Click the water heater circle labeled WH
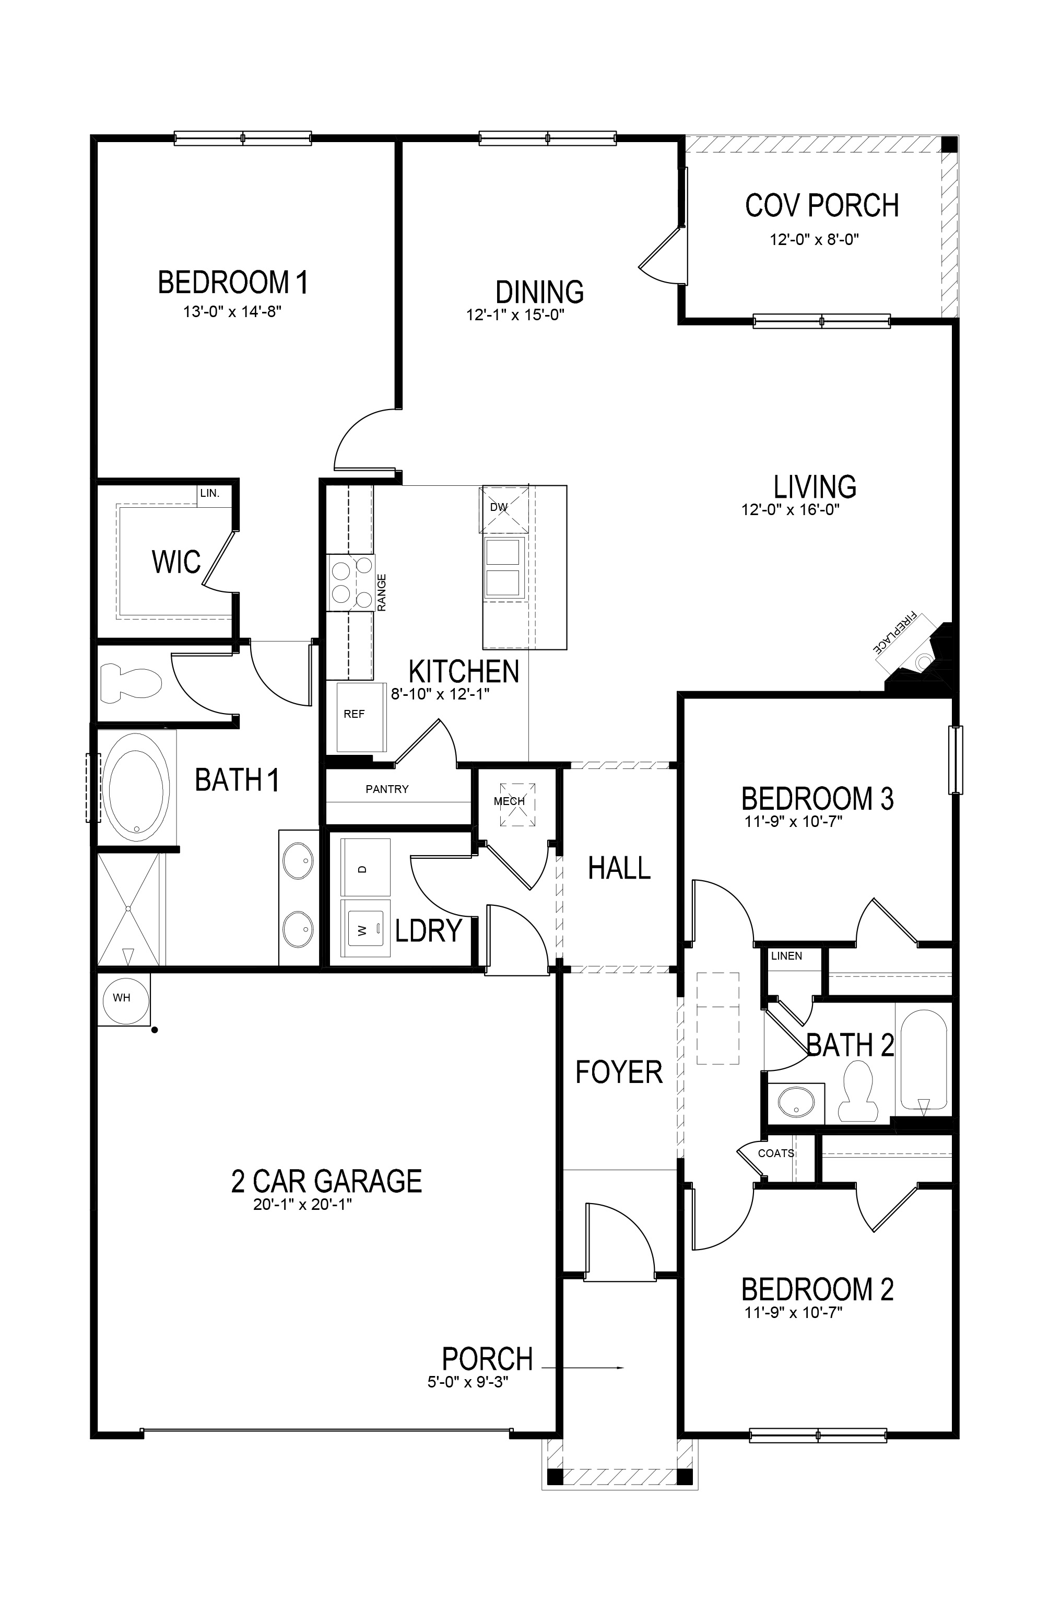click(121, 998)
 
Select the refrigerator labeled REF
click(361, 717)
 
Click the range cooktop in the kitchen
click(350, 582)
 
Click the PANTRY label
click(387, 789)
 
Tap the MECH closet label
click(509, 801)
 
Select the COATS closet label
click(776, 1153)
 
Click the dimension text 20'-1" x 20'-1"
click(302, 1204)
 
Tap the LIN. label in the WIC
click(210, 493)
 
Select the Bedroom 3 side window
click(955, 760)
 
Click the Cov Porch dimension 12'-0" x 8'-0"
click(815, 240)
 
